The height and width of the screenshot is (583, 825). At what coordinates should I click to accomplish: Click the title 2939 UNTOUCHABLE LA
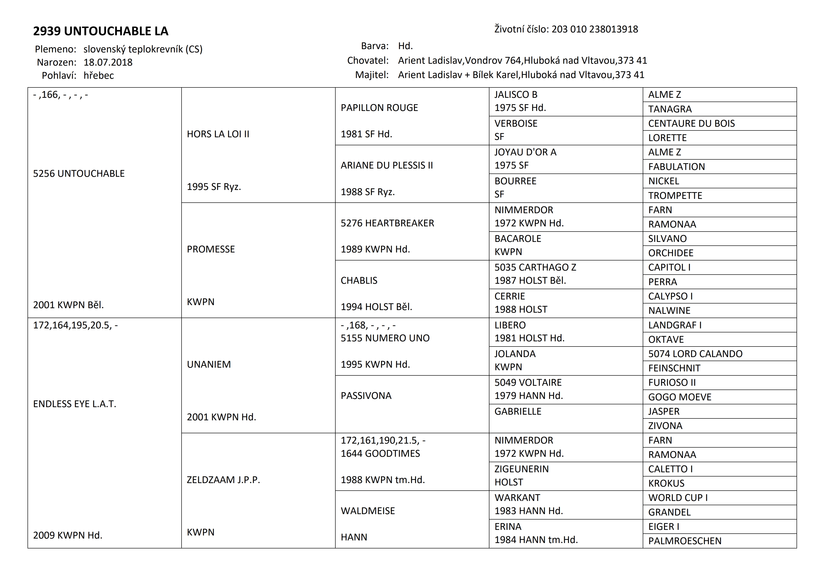coord(101,31)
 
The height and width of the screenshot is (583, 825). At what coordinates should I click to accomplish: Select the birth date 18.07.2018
coord(108,63)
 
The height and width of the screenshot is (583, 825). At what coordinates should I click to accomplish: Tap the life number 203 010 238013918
coord(595,29)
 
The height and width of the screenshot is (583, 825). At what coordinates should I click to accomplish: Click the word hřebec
coord(99,75)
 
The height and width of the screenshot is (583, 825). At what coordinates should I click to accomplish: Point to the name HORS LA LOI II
coord(218,134)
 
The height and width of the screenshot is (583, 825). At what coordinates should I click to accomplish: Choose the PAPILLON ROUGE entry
coord(379,108)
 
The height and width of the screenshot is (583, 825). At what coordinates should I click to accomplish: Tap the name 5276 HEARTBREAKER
coord(387,223)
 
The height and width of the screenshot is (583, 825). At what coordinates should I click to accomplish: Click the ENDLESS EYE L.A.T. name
coord(74,404)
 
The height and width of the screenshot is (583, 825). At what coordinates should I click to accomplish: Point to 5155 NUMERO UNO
coord(385,338)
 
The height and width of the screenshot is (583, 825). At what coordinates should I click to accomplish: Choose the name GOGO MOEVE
coord(679,397)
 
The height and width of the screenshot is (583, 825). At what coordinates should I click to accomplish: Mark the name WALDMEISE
coord(368,511)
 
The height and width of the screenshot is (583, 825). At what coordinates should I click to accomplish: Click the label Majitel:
coord(372,75)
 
